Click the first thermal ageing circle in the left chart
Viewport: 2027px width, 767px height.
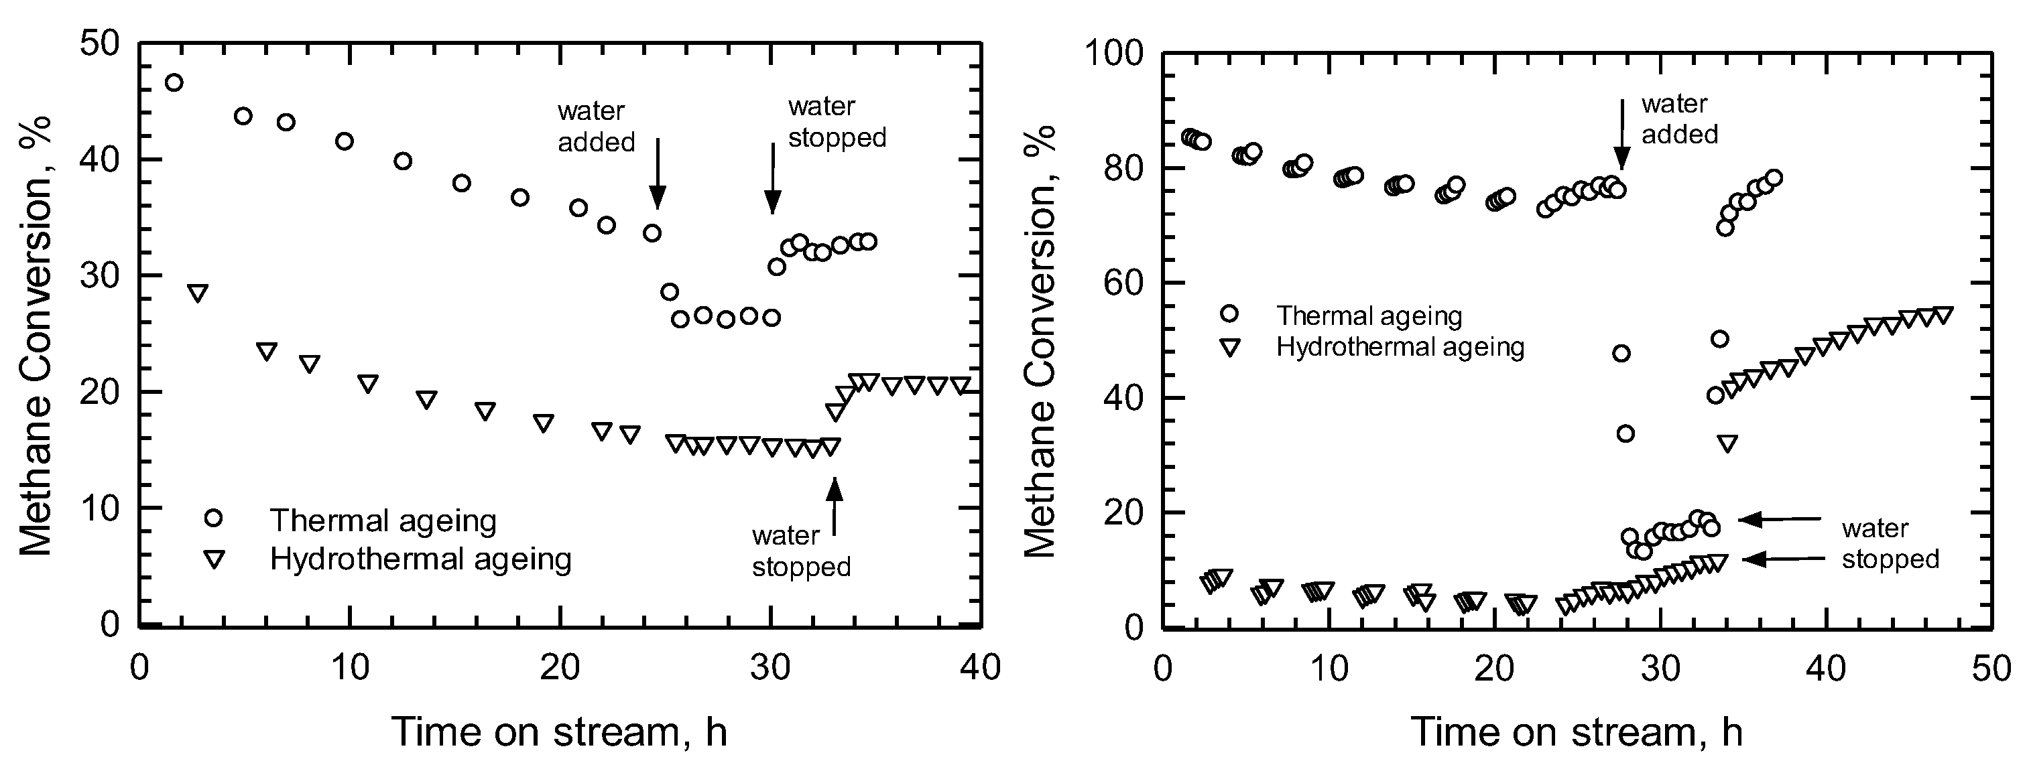tap(174, 82)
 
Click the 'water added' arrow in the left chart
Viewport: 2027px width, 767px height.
tap(658, 173)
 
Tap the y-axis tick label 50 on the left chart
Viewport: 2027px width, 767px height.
tap(100, 44)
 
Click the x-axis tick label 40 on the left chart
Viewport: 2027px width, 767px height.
tap(981, 668)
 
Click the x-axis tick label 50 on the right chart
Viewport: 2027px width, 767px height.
tap(1991, 668)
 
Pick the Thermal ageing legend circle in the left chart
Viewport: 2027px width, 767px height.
tap(213, 518)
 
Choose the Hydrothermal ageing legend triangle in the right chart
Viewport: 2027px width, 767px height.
tap(1229, 348)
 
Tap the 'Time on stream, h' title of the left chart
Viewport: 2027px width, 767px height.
tap(560, 731)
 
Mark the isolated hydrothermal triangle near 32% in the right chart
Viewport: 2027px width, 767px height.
tap(1727, 443)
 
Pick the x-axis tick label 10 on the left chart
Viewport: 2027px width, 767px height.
tap(349, 668)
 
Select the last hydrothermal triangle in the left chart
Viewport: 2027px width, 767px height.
tap(960, 385)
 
